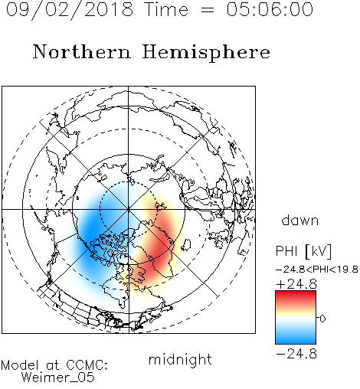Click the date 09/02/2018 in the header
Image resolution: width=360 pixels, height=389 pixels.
click(x=70, y=10)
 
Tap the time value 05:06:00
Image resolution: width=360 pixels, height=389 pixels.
click(x=270, y=10)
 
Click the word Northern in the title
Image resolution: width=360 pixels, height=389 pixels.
click(x=82, y=51)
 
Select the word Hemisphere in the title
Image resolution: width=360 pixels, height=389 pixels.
click(x=206, y=53)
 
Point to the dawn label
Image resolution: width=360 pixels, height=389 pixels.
click(x=300, y=220)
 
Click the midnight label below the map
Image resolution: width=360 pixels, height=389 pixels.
click(x=180, y=360)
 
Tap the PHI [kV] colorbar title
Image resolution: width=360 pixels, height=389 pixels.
click(x=303, y=251)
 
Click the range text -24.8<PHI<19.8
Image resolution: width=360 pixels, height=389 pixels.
click(x=317, y=270)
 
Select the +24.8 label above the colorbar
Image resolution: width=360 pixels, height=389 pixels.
click(x=296, y=284)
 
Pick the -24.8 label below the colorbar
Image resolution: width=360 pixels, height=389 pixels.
click(x=296, y=354)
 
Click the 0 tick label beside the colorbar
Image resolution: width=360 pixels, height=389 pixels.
click(x=322, y=319)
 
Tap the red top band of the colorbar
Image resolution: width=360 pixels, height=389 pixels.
click(x=296, y=297)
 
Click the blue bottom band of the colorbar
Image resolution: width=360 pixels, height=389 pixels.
click(x=296, y=337)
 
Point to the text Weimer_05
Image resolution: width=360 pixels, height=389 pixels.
click(x=58, y=378)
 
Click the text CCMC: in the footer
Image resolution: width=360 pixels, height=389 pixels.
click(x=87, y=365)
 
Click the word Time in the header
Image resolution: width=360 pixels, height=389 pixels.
click(x=166, y=10)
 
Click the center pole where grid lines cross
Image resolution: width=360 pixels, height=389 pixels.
click(x=129, y=209)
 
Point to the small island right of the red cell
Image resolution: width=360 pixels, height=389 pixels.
click(x=186, y=244)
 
